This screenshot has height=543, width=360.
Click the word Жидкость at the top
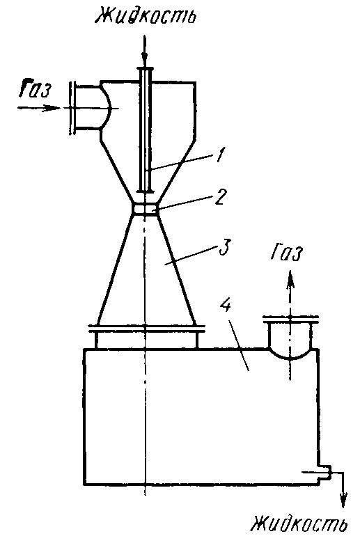[x=146, y=15]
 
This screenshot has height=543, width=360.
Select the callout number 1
[x=217, y=155]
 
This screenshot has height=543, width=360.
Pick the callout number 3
[x=224, y=246]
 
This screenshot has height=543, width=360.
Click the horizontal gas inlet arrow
[x=39, y=108]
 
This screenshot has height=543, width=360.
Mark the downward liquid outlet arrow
[x=343, y=489]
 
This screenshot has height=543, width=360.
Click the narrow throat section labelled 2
[x=145, y=209]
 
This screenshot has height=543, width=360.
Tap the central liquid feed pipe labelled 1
[x=145, y=130]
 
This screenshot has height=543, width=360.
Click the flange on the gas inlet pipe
[x=72, y=108]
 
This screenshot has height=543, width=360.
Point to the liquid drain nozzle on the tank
[x=324, y=472]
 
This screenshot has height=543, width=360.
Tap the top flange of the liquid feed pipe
[x=145, y=69]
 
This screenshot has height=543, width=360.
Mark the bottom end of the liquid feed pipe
[x=145, y=191]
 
